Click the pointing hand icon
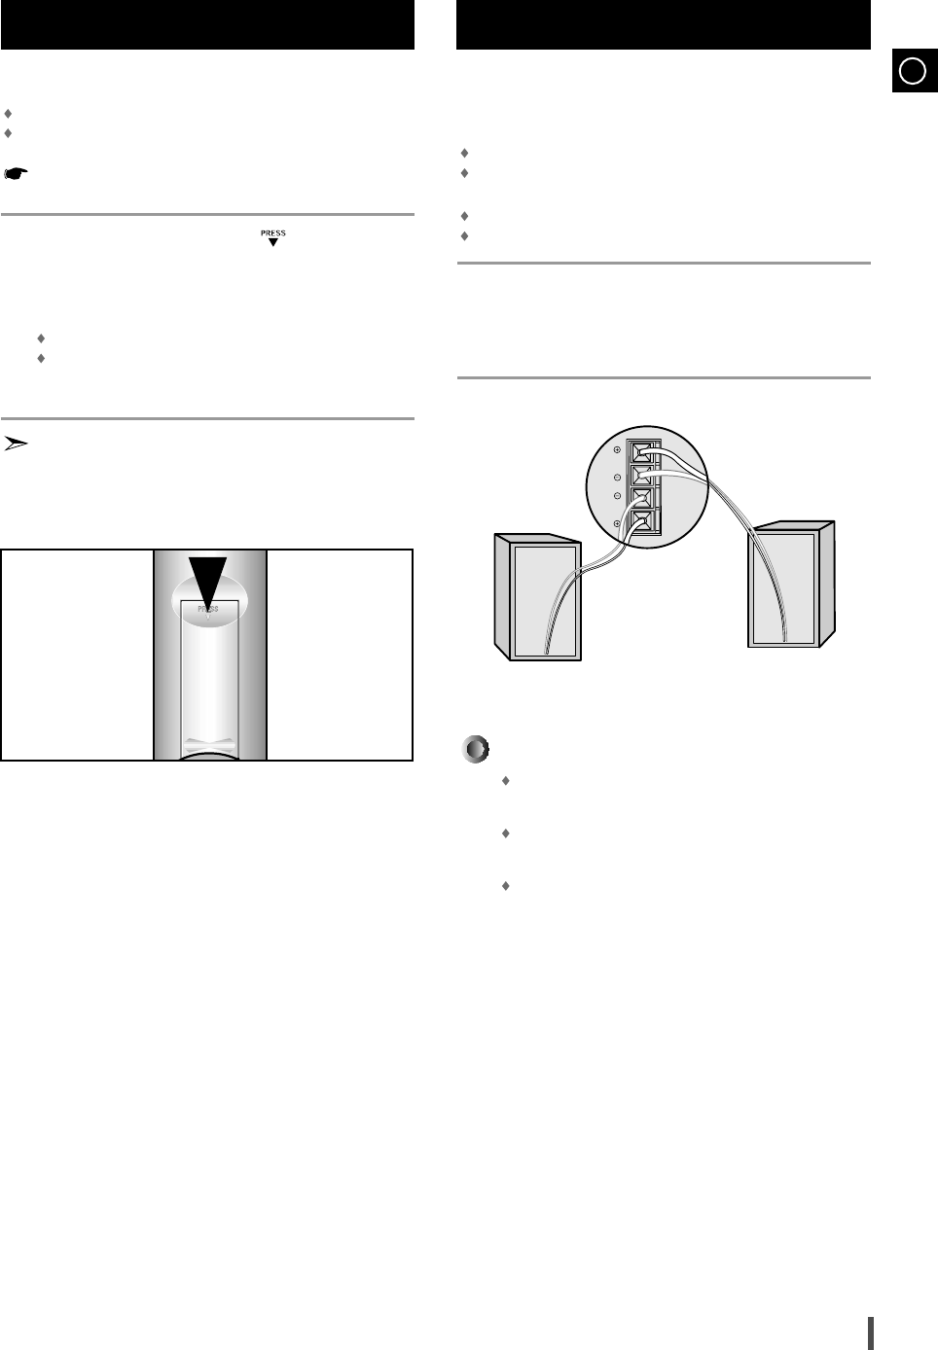tap(16, 174)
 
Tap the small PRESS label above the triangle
tap(273, 233)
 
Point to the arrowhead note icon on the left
tap(16, 444)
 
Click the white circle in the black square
tap(912, 71)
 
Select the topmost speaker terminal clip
tap(641, 452)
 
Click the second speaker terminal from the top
tap(641, 477)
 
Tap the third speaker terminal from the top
tap(641, 499)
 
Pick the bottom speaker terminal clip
tap(641, 522)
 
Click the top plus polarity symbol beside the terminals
tap(617, 449)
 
